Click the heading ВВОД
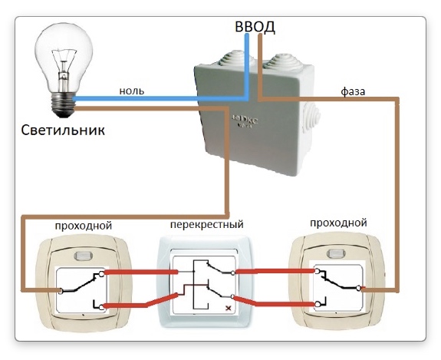(255, 27)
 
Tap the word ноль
(132, 91)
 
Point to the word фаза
(353, 91)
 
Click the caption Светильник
(63, 130)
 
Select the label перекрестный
(207, 225)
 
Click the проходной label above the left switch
(84, 226)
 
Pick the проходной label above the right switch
(338, 223)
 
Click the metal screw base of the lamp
(64, 104)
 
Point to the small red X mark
(229, 309)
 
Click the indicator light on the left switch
(84, 256)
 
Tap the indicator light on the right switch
(336, 253)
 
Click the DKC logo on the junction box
(245, 121)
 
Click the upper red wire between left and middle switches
(141, 272)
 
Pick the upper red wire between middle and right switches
(275, 271)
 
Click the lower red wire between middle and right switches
(275, 302)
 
